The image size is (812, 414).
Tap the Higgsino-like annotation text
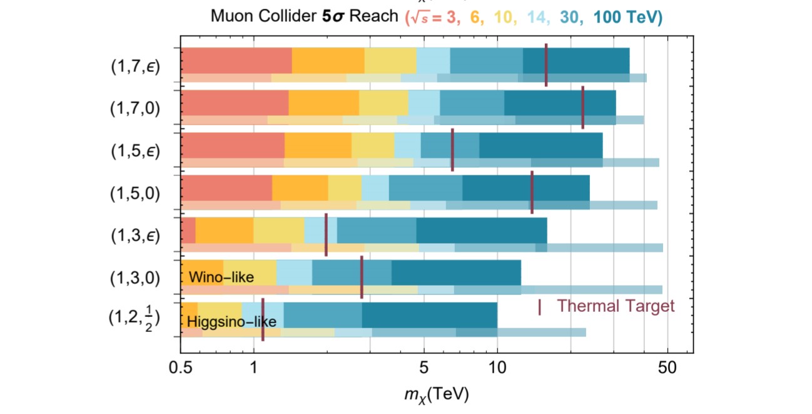click(x=231, y=321)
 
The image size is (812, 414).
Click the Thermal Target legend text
click(x=616, y=306)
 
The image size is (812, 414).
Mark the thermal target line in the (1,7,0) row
click(x=583, y=108)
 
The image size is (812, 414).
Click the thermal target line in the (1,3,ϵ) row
click(x=326, y=234)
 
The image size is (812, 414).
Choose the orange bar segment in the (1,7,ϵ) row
click(x=328, y=60)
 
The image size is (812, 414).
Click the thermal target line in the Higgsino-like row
click(x=263, y=319)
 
